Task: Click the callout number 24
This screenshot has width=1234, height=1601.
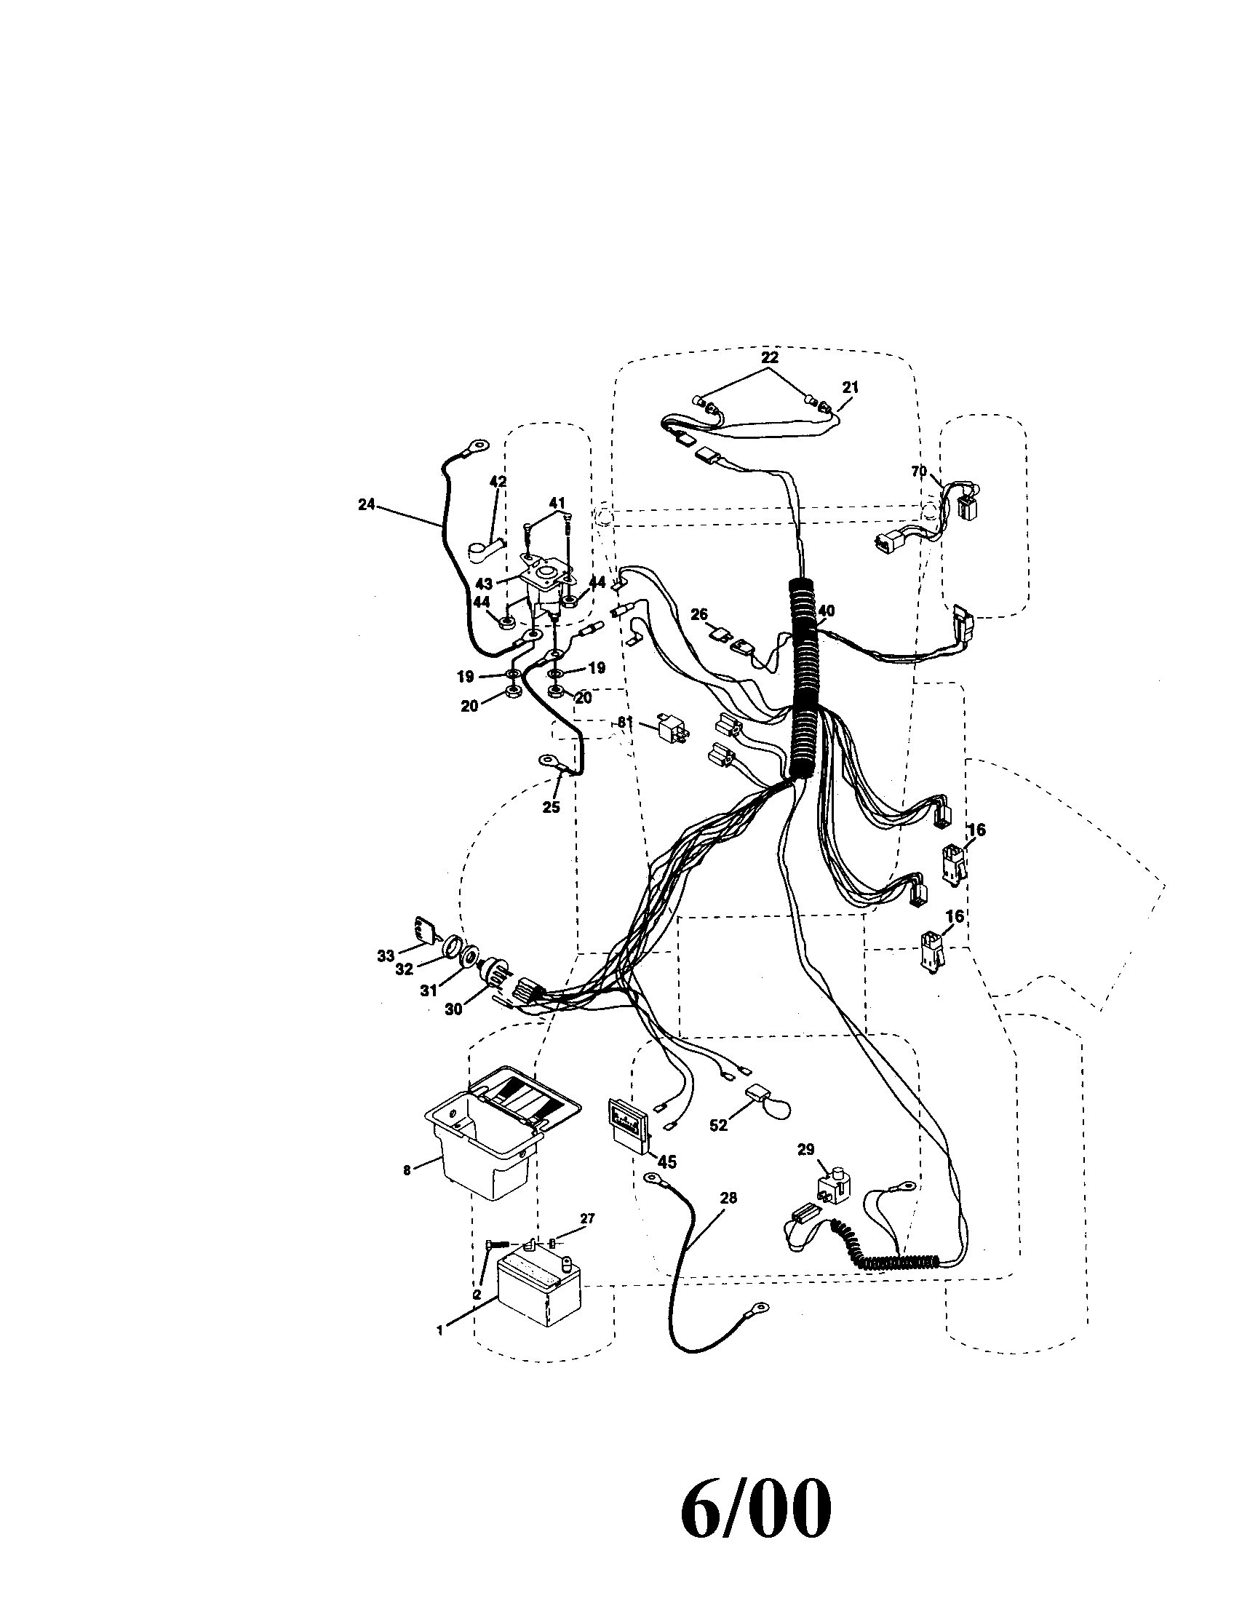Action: pos(367,504)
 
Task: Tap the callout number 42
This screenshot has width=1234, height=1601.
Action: pos(498,482)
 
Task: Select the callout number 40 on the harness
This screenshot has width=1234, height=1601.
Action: pos(827,611)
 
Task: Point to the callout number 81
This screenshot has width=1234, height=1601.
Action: pos(624,722)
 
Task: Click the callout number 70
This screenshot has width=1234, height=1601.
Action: pos(919,472)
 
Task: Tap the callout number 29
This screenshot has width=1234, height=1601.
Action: pos(805,1149)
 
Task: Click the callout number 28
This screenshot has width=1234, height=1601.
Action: pos(728,1198)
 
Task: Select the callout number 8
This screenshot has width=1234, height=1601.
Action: pos(407,1170)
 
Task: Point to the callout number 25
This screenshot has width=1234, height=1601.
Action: pos(551,807)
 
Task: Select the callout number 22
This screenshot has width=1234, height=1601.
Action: pos(768,358)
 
